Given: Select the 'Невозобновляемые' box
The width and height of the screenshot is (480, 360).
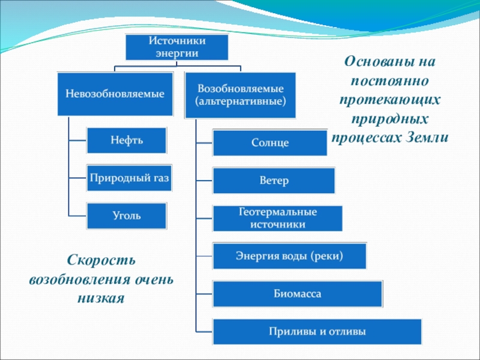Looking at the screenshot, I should click(x=115, y=94).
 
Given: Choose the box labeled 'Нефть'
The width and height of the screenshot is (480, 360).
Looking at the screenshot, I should click(x=127, y=140).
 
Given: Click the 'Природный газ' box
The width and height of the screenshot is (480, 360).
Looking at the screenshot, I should click(x=130, y=178).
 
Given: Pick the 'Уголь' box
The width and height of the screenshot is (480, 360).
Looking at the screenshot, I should click(x=127, y=215).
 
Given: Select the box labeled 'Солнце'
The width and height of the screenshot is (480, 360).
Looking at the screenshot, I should click(x=270, y=143).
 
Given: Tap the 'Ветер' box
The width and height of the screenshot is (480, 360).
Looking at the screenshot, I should click(x=274, y=181).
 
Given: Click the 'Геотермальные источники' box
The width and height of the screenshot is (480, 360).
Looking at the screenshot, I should click(x=277, y=218).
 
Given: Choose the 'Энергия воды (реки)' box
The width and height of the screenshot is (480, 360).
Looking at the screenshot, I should click(x=289, y=256).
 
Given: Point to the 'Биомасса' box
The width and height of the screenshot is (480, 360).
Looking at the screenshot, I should click(x=298, y=294).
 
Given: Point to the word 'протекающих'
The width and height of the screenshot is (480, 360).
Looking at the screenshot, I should click(x=390, y=100).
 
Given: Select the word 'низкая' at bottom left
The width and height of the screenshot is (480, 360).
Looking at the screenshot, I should click(x=101, y=298).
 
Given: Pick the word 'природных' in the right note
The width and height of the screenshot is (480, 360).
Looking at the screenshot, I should click(x=390, y=118).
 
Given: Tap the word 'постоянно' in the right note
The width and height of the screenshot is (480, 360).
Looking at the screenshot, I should click(x=390, y=81).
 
